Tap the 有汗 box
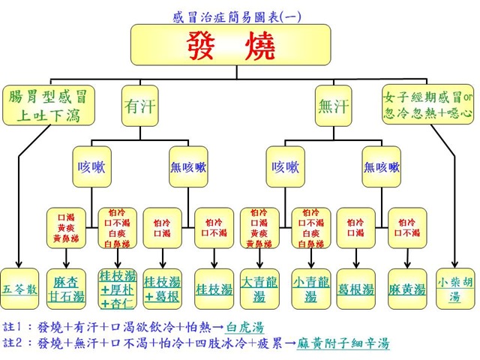(139, 106)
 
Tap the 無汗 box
(334, 106)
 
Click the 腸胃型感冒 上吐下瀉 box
(49, 106)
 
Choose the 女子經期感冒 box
(427, 106)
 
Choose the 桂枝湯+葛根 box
(164, 287)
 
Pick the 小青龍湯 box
(310, 287)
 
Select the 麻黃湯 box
(407, 287)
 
